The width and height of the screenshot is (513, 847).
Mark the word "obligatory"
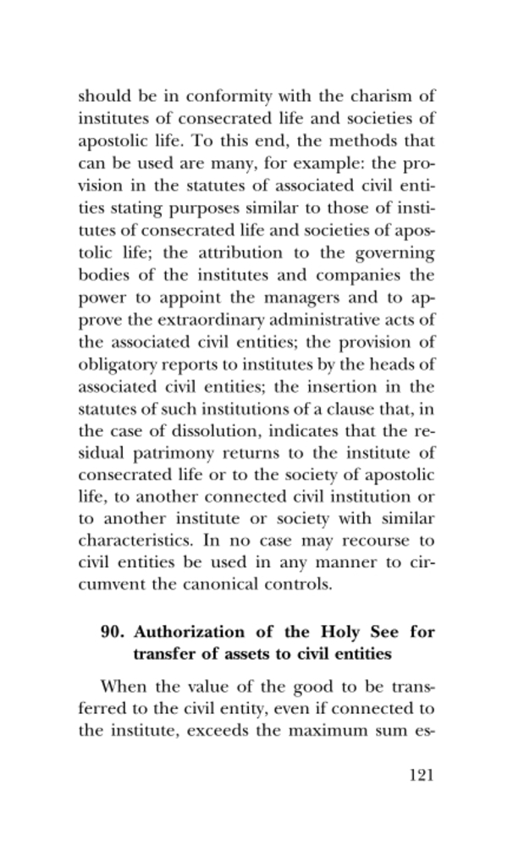click(117, 367)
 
